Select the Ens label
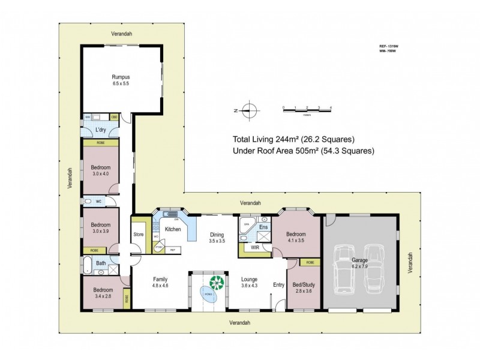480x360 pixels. click(263, 227)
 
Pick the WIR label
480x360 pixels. click(254, 246)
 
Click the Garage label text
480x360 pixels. click(360, 262)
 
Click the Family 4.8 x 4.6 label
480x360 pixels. click(160, 283)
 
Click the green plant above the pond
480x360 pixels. click(215, 281)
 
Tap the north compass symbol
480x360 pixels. click(252, 110)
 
